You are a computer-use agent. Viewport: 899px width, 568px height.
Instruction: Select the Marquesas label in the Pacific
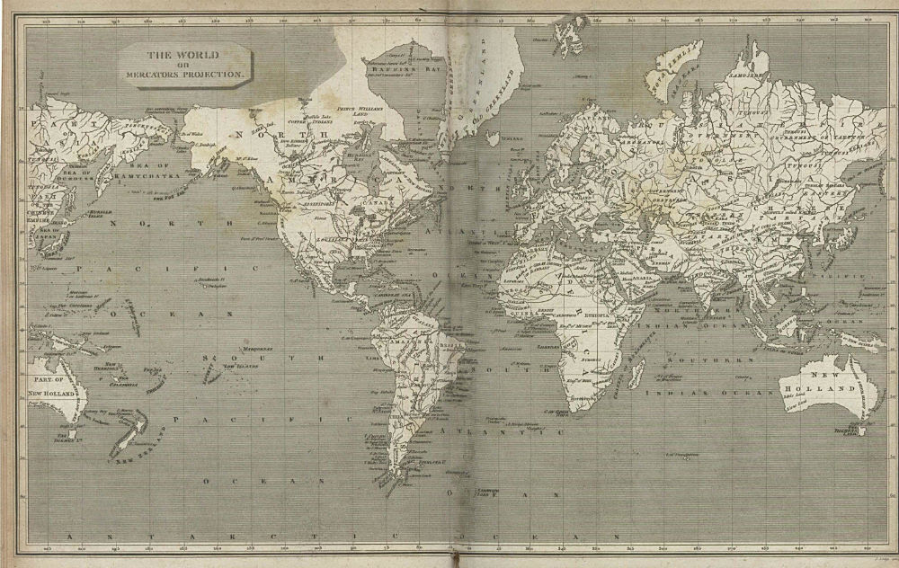tap(256, 348)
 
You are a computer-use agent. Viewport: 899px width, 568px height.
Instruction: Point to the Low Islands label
tap(238, 366)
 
